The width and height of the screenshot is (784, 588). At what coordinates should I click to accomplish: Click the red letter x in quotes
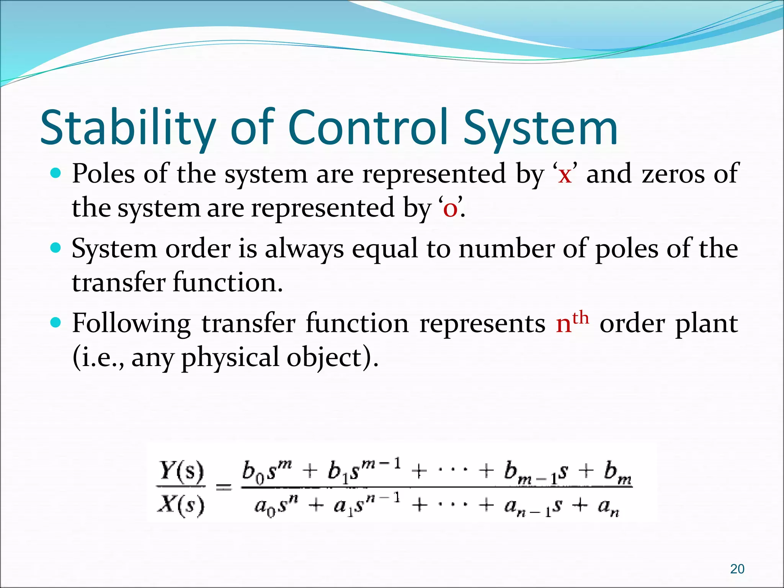click(x=565, y=175)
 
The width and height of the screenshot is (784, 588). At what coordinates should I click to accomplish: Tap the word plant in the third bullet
click(x=706, y=324)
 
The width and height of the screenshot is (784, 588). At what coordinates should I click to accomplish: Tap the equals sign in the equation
click(x=224, y=488)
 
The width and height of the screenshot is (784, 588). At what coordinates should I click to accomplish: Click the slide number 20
click(x=737, y=569)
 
